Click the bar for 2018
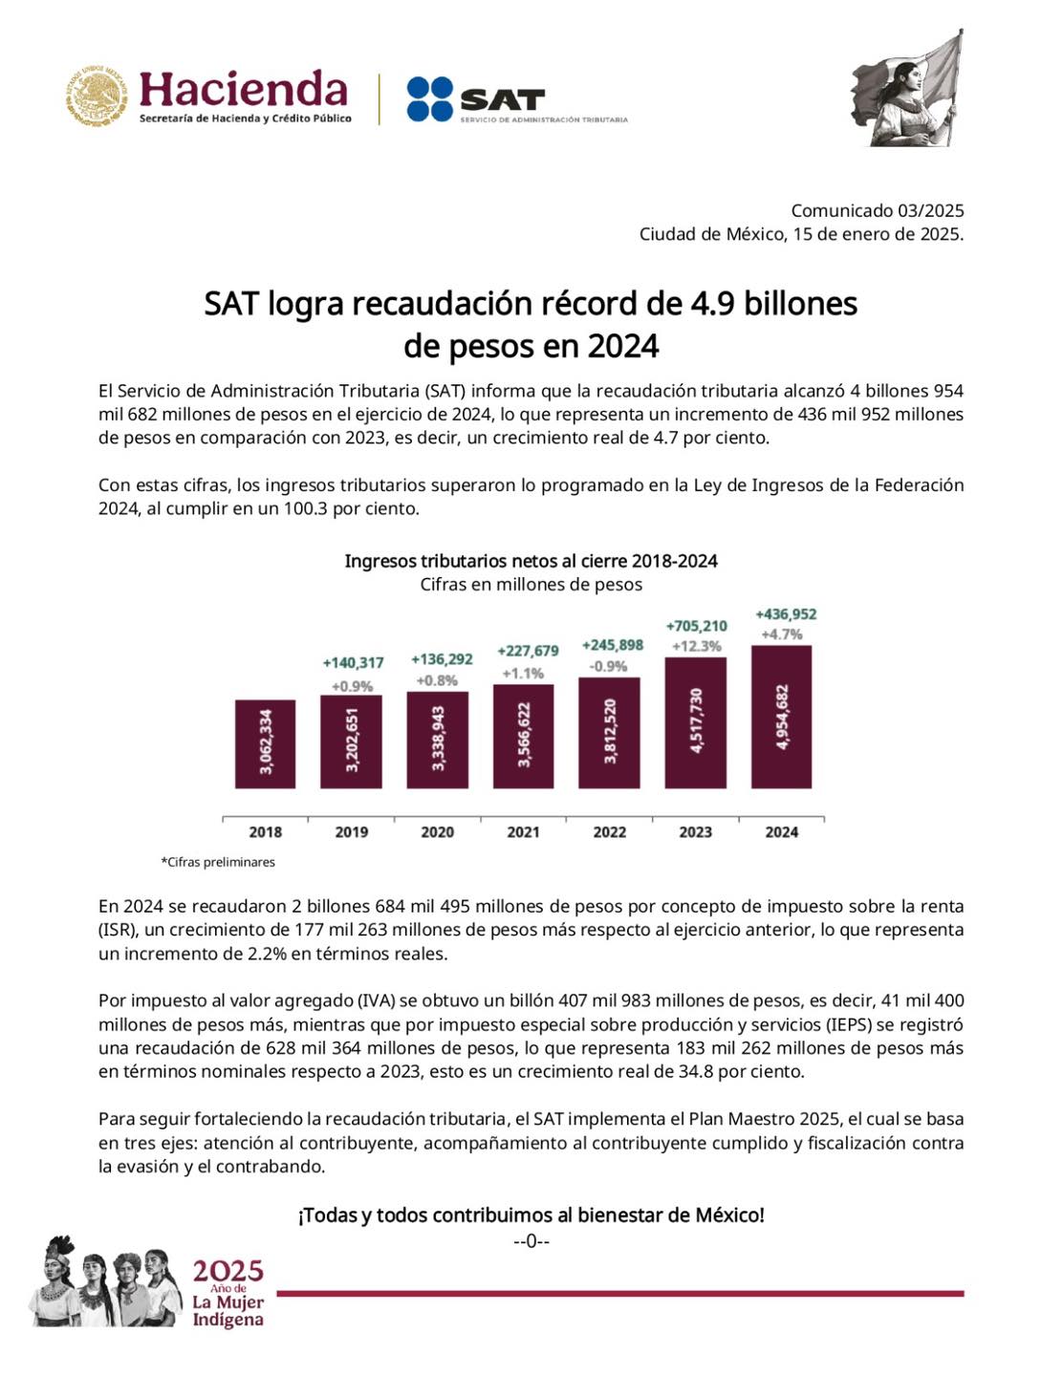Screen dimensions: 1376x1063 click(x=265, y=743)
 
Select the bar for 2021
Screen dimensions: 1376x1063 click(x=524, y=736)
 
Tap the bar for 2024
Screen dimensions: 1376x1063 click(x=781, y=717)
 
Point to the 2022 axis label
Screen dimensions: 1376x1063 click(x=609, y=832)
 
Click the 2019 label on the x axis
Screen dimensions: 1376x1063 click(x=351, y=832)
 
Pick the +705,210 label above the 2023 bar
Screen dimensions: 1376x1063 click(x=697, y=626)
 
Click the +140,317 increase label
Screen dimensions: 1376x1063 click(x=353, y=662)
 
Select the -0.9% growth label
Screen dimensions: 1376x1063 click(x=609, y=666)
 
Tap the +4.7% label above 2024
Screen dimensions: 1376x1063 click(x=781, y=634)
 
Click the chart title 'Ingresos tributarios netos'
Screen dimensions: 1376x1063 click(x=531, y=561)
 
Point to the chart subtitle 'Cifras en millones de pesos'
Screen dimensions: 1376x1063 click(x=531, y=584)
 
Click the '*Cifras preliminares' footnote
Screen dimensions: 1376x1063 click(x=218, y=862)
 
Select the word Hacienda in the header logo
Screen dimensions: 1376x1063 click(x=243, y=90)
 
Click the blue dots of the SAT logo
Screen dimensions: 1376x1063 click(x=429, y=98)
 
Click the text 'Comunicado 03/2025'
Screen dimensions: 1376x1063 click(x=877, y=210)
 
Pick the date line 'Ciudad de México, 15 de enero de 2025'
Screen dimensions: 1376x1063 click(x=801, y=234)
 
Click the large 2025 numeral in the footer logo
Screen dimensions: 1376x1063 click(x=228, y=1271)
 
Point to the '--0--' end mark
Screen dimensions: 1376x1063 click(x=531, y=1241)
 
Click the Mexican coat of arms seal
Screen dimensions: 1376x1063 click(x=97, y=97)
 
